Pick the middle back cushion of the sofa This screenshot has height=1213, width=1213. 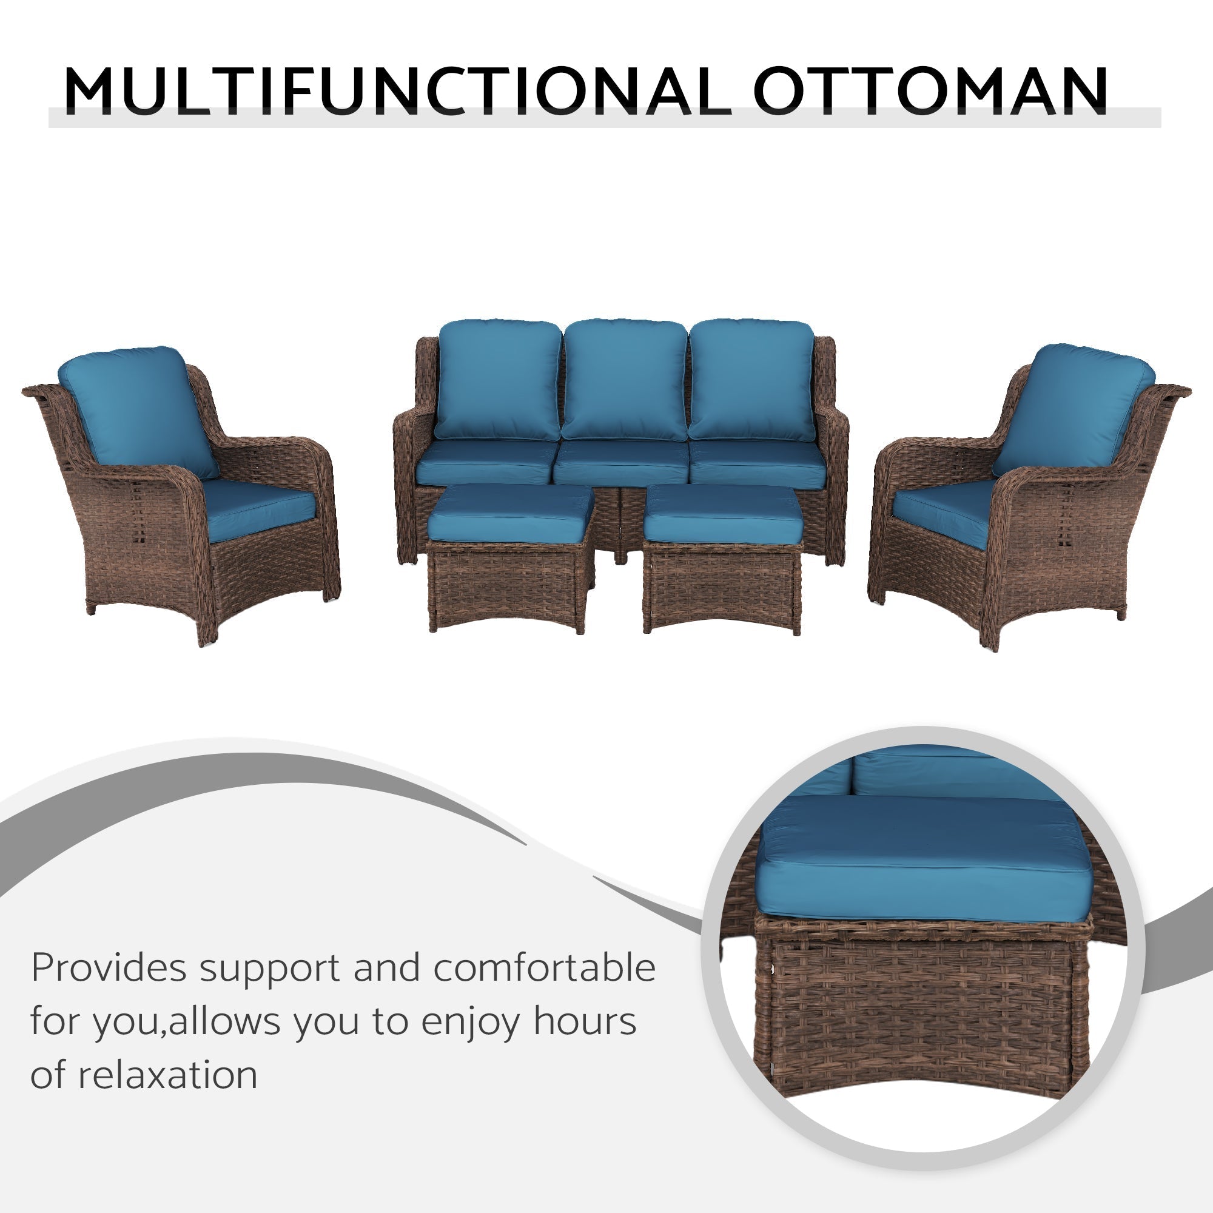coord(624,380)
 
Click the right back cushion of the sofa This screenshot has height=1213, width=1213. coord(751,380)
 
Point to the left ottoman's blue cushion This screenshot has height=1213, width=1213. coord(510,514)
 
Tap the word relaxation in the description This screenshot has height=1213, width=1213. coord(167,1075)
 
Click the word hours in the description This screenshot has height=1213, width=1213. coord(585,1021)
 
